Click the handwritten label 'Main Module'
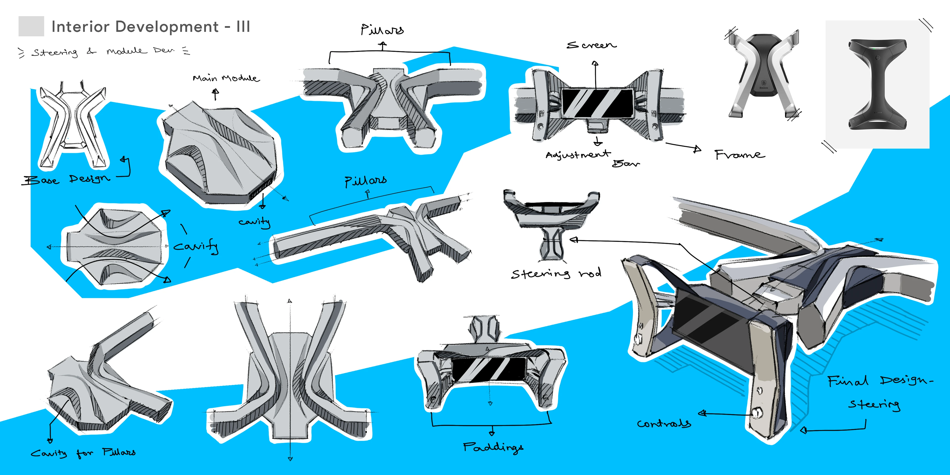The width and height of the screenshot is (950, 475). coord(226,78)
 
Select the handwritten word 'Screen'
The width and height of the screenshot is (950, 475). coord(591,45)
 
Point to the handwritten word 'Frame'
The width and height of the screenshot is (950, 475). coord(739,155)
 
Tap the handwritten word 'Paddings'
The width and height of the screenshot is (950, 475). coord(493,447)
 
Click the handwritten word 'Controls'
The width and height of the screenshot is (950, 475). coord(664,423)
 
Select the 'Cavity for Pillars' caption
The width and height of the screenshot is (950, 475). coord(83,452)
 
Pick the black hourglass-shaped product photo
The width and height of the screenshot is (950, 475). coord(877,84)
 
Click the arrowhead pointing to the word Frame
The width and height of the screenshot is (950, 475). coord(697,149)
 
